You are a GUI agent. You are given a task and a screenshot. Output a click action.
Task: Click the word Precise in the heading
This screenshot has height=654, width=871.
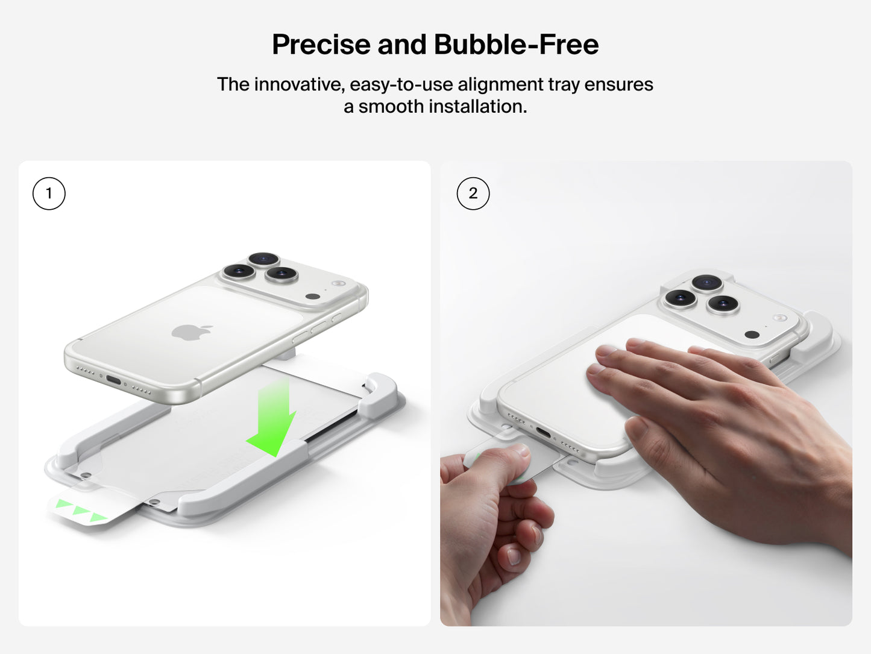(x=321, y=45)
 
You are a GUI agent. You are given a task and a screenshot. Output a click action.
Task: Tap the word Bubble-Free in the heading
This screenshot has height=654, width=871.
(x=516, y=45)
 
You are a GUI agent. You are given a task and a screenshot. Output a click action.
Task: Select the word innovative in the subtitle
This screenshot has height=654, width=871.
(x=300, y=84)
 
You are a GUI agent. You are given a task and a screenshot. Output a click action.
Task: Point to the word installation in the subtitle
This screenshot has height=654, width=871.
(x=477, y=107)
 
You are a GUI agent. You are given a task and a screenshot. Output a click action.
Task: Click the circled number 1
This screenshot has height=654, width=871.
(x=49, y=193)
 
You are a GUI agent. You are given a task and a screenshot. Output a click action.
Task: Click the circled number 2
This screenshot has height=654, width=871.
(x=473, y=193)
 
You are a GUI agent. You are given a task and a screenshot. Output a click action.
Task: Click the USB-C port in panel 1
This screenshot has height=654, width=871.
(x=114, y=380)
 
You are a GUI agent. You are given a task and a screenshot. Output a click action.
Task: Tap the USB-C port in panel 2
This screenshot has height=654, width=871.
(x=544, y=433)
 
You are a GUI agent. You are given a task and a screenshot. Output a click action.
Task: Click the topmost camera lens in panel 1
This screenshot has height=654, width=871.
(x=263, y=259)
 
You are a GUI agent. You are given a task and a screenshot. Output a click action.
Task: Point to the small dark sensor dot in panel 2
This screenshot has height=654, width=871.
(x=752, y=335)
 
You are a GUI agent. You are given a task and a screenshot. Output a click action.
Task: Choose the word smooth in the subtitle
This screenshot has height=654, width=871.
(x=391, y=107)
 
